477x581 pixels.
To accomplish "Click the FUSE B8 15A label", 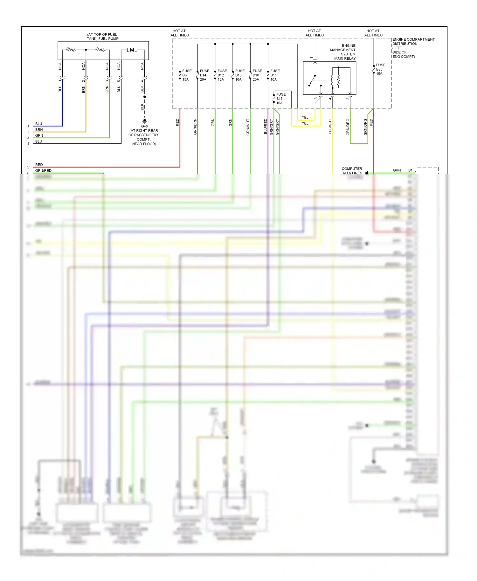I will pyautogui.click(x=186, y=75).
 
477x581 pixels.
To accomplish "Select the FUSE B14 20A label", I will pyautogui.click(x=204, y=75).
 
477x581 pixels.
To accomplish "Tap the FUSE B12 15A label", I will pyautogui.click(x=222, y=75).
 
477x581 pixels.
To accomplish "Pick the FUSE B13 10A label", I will pyautogui.click(x=239, y=75).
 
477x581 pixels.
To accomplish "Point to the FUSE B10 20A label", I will pyautogui.click(x=257, y=75).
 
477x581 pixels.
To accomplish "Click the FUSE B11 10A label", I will pyautogui.click(x=275, y=75).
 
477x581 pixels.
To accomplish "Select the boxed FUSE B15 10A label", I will pyautogui.click(x=280, y=99).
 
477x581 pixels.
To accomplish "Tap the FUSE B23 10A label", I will pyautogui.click(x=380, y=69).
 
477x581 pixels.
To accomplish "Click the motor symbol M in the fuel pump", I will pyautogui.click(x=132, y=50).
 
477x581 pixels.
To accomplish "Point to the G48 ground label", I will pyautogui.click(x=144, y=126).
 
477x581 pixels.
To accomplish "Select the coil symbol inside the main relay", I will pyautogui.click(x=338, y=81).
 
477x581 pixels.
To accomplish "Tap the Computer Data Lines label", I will pyautogui.click(x=352, y=171).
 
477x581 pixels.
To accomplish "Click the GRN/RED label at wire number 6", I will pyautogui.click(x=43, y=171).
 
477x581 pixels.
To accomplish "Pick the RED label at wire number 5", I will pyautogui.click(x=39, y=165).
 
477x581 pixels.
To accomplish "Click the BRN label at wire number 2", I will pyautogui.click(x=39, y=130).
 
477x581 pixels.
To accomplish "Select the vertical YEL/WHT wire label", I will pyautogui.click(x=330, y=126).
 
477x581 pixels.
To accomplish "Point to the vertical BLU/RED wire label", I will pyautogui.click(x=266, y=126).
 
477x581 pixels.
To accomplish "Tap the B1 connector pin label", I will pyautogui.click(x=410, y=170).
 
